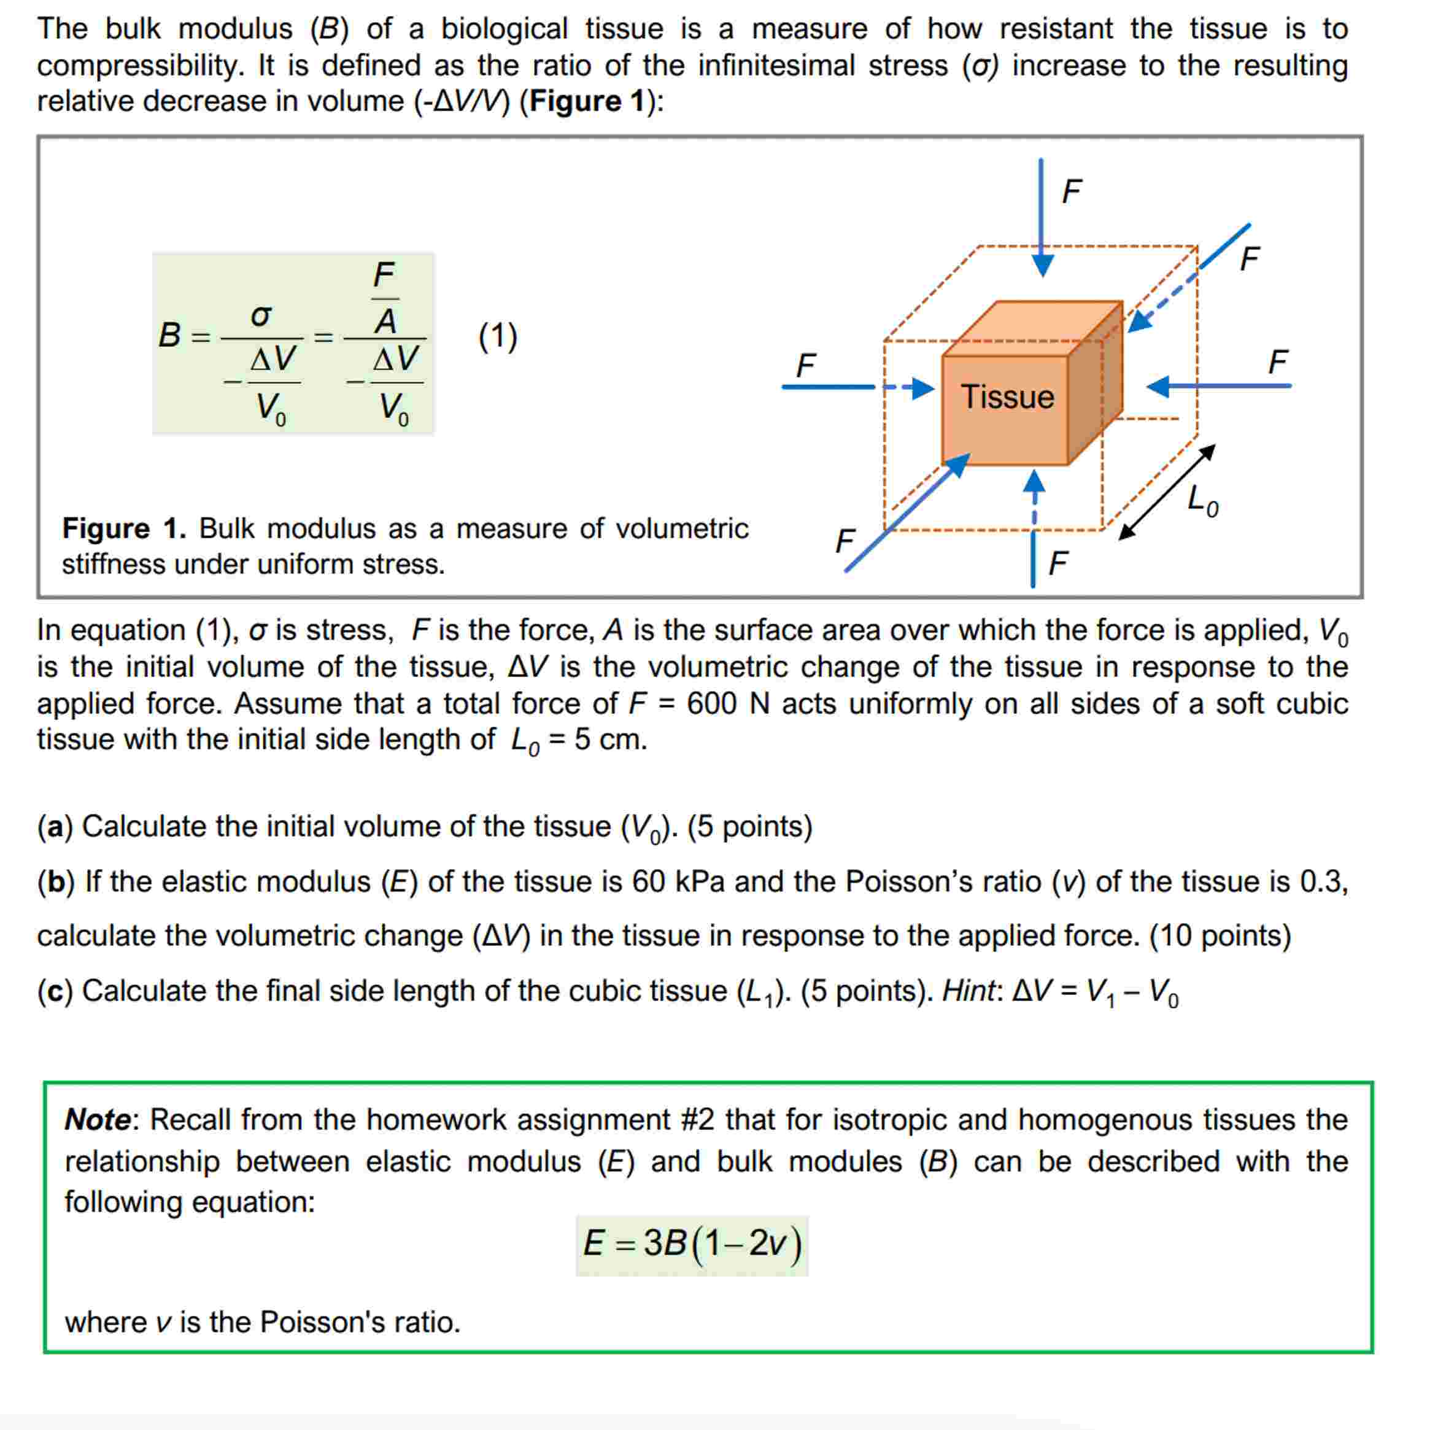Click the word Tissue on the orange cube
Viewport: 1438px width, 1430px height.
[1007, 396]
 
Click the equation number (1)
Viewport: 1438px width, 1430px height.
[497, 336]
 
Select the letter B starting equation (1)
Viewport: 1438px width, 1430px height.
[170, 335]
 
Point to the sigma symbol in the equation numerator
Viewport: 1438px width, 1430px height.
[260, 315]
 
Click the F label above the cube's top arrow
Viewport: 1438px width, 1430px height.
[1071, 191]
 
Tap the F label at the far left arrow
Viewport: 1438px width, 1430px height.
[805, 366]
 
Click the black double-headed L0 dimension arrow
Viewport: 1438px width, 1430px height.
[1167, 492]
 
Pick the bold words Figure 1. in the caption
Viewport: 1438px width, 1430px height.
[123, 528]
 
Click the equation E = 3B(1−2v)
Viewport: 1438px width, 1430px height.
[692, 1242]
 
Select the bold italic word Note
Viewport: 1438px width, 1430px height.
[98, 1119]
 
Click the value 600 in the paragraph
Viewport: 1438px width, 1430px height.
[711, 703]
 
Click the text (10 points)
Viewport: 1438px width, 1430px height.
[1220, 936]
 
